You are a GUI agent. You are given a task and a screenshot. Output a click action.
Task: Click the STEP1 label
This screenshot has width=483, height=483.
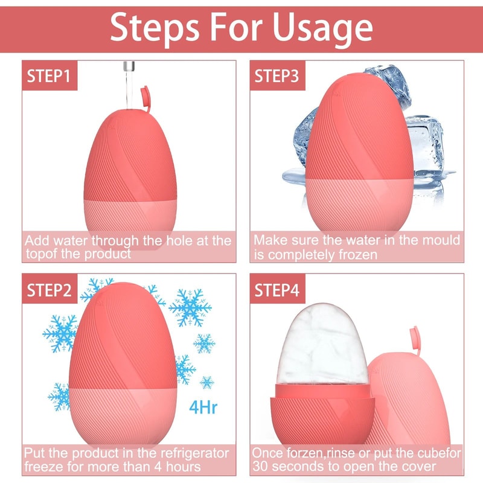pyautogui.click(x=49, y=76)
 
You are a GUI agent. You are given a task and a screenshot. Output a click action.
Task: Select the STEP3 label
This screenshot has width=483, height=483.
pyautogui.click(x=277, y=76)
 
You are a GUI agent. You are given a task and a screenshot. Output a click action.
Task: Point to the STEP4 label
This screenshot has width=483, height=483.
pyautogui.click(x=277, y=290)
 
